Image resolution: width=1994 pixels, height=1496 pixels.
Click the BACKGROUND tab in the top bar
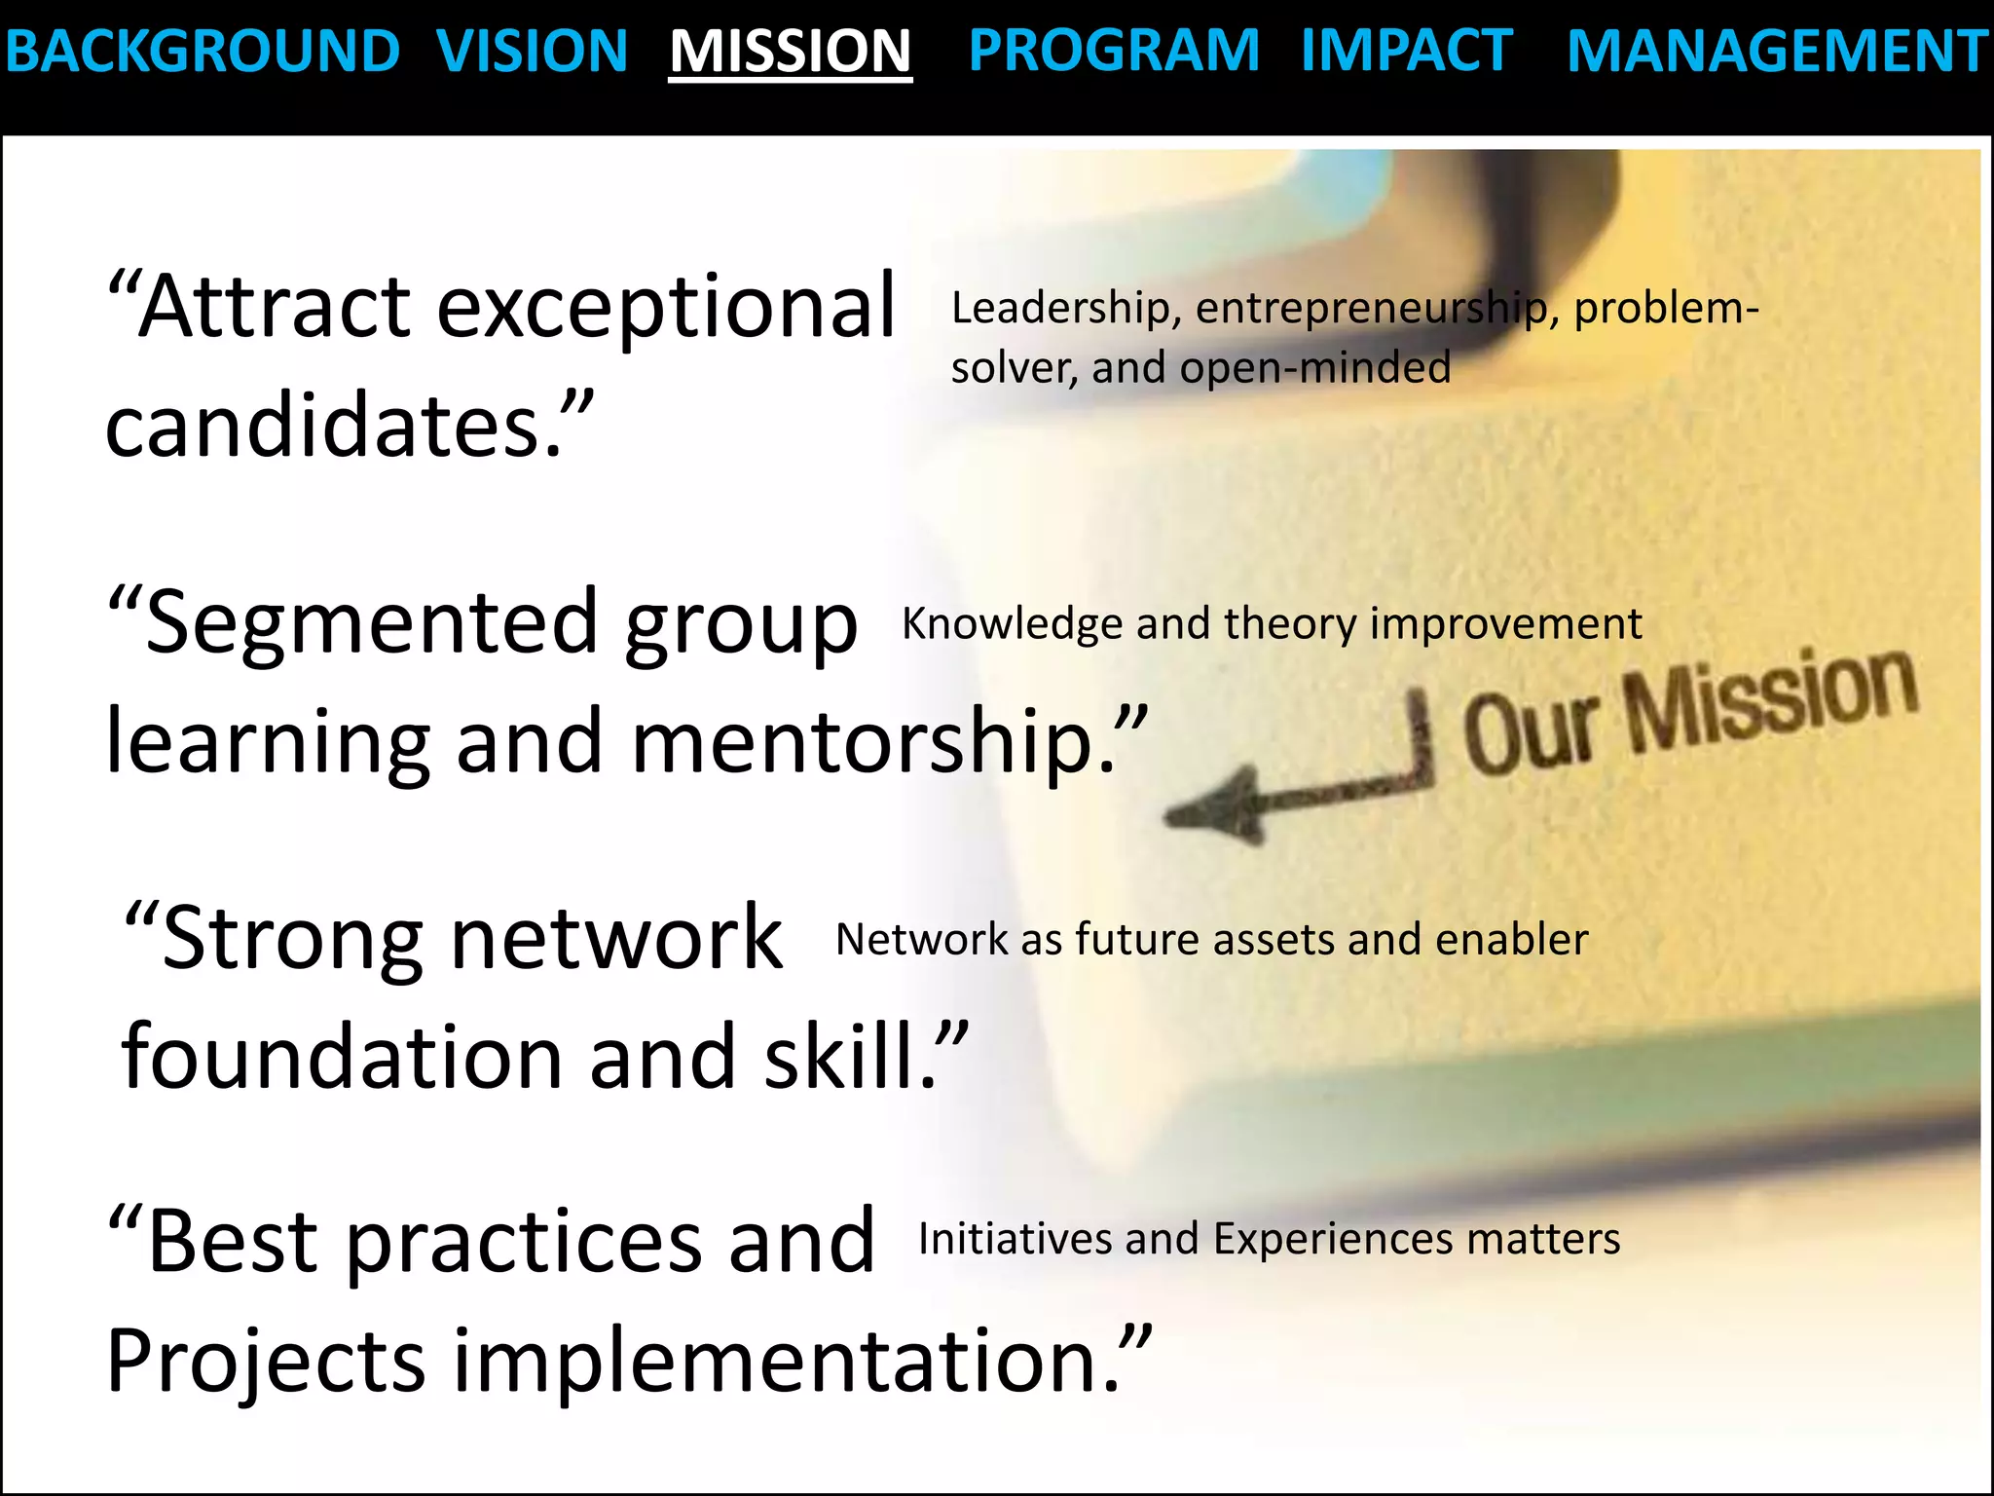pyautogui.click(x=203, y=51)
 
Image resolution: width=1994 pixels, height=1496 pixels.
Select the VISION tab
pyautogui.click(x=532, y=51)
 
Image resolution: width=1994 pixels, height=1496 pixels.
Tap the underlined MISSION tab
pyautogui.click(x=790, y=51)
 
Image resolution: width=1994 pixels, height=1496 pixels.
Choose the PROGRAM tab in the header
pyautogui.click(x=1114, y=51)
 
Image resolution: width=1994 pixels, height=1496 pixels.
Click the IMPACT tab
pyautogui.click(x=1407, y=51)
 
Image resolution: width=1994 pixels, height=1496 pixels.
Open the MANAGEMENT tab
pyautogui.click(x=1778, y=51)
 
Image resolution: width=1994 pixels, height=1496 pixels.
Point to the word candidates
pyautogui.click(x=334, y=427)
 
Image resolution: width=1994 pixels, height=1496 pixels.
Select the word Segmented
pyautogui.click(x=371, y=623)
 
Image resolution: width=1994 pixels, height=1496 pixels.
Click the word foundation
pyautogui.click(x=342, y=1058)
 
